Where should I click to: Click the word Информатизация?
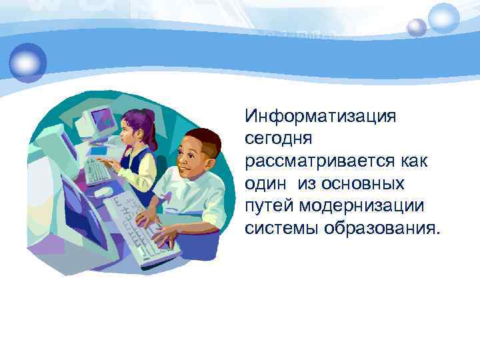tap(320, 117)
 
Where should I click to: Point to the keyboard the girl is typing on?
tap(97, 171)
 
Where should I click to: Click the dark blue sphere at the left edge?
tap(28, 61)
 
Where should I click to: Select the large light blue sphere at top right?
tap(443, 18)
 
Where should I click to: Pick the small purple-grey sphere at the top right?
tap(417, 27)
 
